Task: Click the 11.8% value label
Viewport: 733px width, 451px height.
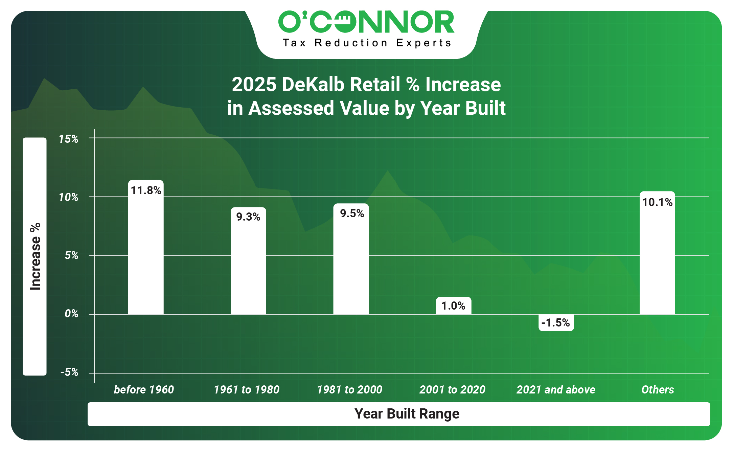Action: pos(146,190)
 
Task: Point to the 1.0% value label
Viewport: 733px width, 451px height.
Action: pos(453,306)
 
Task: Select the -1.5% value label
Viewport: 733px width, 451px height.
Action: pos(556,323)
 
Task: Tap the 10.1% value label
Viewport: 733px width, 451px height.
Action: pos(657,202)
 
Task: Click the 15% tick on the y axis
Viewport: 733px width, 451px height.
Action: pos(69,139)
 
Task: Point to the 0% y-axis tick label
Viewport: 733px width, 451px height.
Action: pos(71,314)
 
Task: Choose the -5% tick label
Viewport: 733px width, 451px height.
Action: pos(69,372)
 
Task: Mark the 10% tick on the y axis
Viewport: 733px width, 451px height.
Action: pos(69,197)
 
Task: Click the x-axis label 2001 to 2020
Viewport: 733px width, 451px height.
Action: pos(452,390)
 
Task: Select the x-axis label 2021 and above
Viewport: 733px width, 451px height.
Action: pos(556,390)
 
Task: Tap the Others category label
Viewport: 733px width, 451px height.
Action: pos(658,390)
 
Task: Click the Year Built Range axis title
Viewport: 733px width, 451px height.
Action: pos(407,414)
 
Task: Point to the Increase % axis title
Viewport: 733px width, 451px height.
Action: pos(35,256)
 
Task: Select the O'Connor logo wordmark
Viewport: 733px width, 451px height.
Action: pos(366,22)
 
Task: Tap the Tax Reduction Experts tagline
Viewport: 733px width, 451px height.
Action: pos(367,43)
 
